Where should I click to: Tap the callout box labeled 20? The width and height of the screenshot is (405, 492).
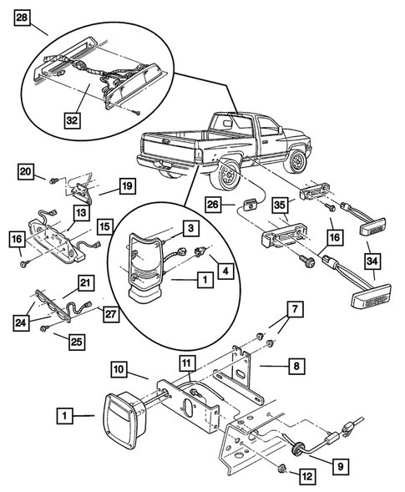tap(25, 172)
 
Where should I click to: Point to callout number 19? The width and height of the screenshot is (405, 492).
tap(127, 187)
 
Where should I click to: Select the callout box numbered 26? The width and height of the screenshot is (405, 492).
tap(213, 204)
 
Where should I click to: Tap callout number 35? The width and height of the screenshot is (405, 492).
tap(281, 204)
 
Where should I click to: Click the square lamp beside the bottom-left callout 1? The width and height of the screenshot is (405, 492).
tap(123, 415)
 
